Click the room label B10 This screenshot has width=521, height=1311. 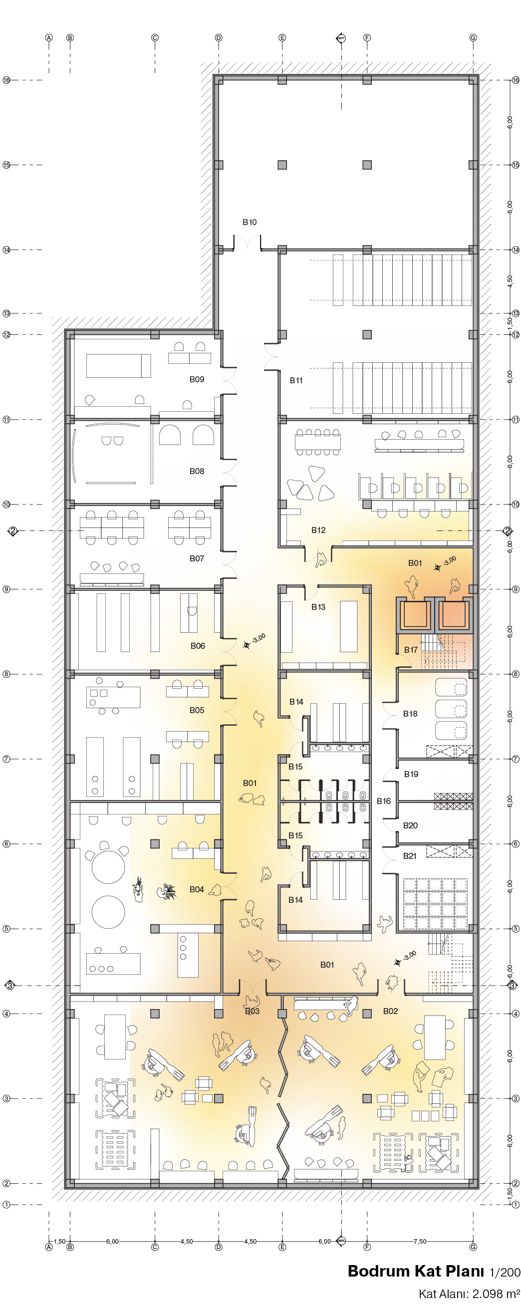[250, 222]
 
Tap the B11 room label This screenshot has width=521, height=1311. [296, 380]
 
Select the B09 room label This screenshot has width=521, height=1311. [197, 379]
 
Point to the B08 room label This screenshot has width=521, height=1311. [197, 471]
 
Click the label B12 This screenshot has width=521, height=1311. [318, 530]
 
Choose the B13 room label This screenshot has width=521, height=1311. [318, 607]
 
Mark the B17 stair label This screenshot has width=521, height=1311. [411, 650]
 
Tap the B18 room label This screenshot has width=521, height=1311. [410, 714]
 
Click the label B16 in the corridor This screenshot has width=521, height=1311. [384, 800]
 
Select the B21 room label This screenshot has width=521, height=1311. [410, 855]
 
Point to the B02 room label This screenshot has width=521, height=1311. [390, 1011]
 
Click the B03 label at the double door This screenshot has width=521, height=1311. [253, 1011]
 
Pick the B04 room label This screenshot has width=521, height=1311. [197, 889]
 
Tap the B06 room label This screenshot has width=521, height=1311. [198, 646]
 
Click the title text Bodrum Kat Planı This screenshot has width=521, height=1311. [416, 1271]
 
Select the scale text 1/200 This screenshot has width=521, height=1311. [504, 1272]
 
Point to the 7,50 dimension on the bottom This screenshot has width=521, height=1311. [420, 1241]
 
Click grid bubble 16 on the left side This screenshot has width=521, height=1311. [6, 80]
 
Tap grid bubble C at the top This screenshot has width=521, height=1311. [155, 37]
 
